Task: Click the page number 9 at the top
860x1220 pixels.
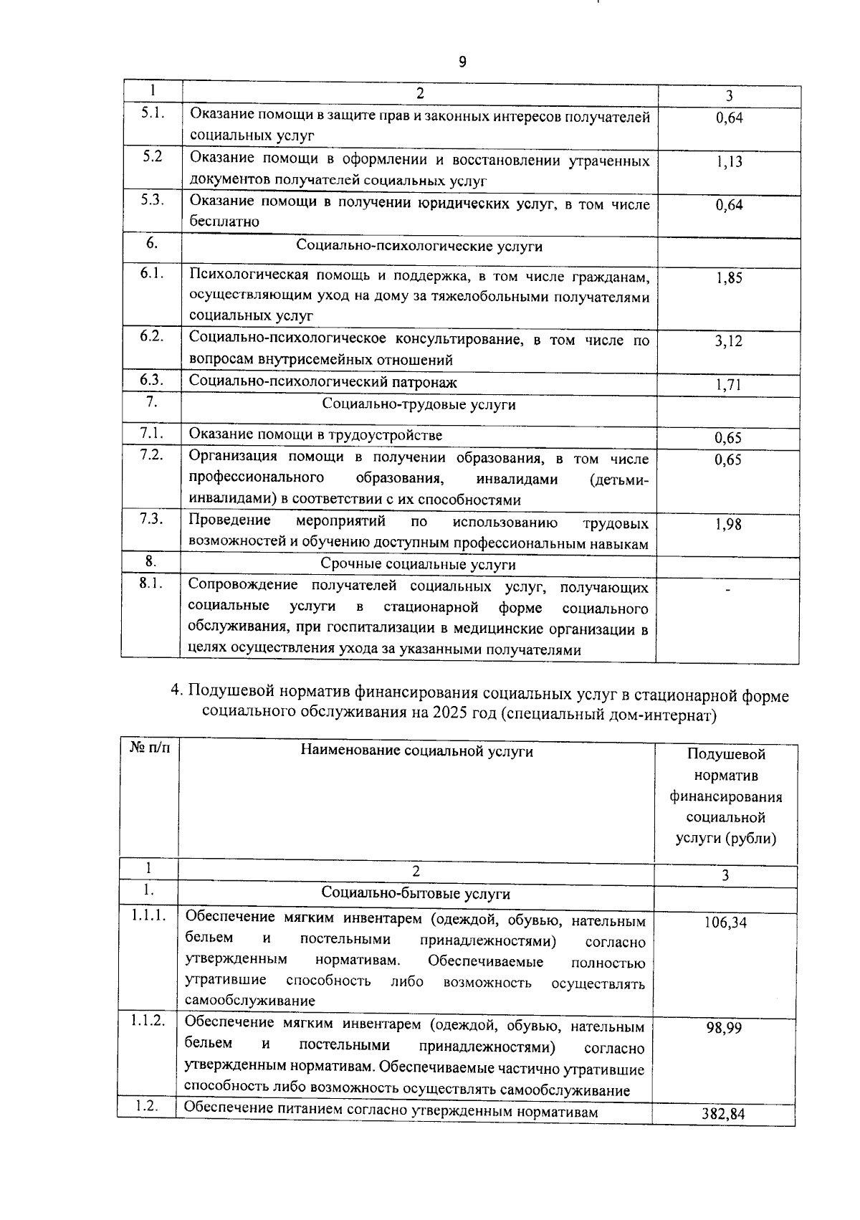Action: tap(462, 62)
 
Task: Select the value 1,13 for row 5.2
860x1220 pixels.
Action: tap(729, 162)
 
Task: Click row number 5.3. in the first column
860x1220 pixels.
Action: tap(151, 201)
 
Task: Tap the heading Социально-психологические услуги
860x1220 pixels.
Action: tap(419, 247)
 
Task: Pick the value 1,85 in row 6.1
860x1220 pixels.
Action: tap(729, 278)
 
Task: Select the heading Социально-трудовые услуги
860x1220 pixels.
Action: tap(419, 405)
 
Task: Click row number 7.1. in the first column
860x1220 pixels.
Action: tap(151, 433)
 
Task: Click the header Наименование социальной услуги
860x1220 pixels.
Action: tap(416, 751)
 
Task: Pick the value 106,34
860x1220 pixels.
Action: tap(725, 923)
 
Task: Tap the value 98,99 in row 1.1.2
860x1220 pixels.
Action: tap(725, 1028)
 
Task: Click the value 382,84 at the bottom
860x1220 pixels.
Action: tap(724, 1114)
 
